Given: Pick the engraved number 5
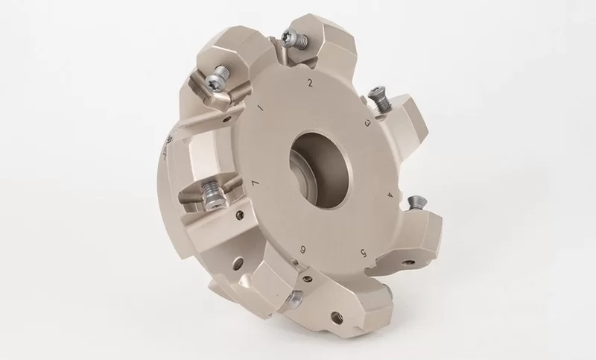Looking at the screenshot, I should [x=361, y=252].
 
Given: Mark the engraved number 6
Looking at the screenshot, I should [x=302, y=248].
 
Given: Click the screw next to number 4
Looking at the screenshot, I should [x=415, y=200].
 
